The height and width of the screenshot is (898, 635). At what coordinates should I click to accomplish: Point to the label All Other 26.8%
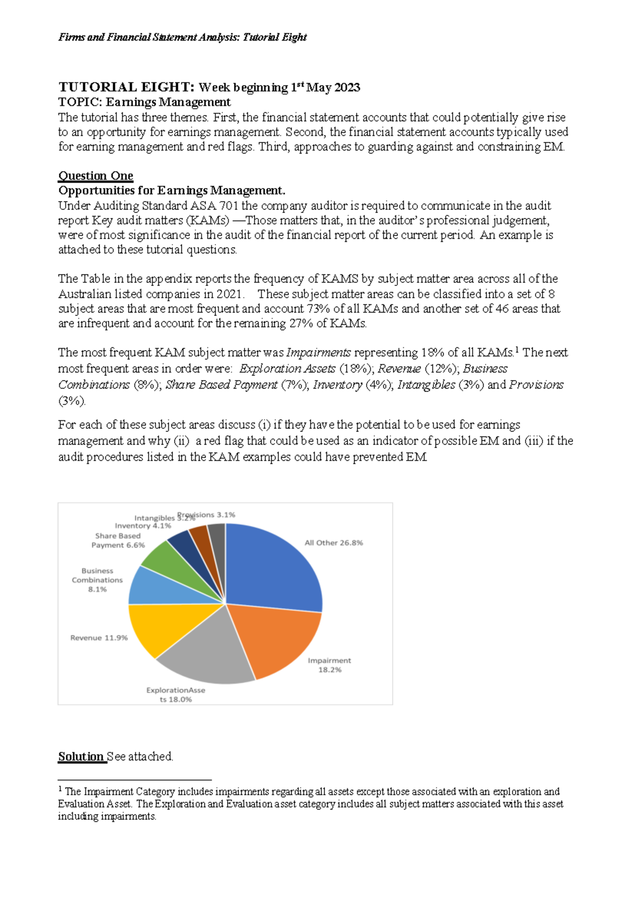[x=333, y=543]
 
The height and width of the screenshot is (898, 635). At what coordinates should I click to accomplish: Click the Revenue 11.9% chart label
[x=99, y=638]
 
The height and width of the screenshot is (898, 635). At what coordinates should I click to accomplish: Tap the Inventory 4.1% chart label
[x=143, y=526]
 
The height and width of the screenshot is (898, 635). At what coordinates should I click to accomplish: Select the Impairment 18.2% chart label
[x=329, y=665]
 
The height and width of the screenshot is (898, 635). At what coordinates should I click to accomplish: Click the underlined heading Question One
[x=96, y=176]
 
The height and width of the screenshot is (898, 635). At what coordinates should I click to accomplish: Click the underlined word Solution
[x=81, y=757]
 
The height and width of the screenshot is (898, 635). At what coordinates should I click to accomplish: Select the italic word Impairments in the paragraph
[x=319, y=353]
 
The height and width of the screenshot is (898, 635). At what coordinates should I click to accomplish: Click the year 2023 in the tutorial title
[x=347, y=88]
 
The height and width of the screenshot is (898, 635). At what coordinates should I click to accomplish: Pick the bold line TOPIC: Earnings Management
[x=144, y=102]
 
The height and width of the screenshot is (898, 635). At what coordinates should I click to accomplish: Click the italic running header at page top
[x=183, y=37]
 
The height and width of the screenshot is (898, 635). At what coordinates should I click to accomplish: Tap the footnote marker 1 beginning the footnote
[x=60, y=790]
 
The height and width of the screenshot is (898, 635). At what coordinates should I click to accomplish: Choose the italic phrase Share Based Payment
[x=222, y=385]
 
